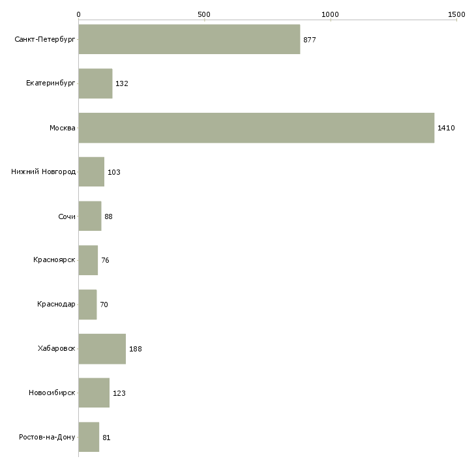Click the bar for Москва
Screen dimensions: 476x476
[256, 128]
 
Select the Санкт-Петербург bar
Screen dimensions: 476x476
[190, 40]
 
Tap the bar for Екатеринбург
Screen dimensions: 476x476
[96, 83]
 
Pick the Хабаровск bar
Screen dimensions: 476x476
[102, 349]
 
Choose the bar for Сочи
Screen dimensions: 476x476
[90, 216]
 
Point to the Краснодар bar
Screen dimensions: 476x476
[88, 305]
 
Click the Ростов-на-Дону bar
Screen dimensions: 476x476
[89, 437]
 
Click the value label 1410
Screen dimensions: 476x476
[446, 128]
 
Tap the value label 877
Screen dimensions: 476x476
[310, 40]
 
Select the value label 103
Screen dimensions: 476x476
[114, 172]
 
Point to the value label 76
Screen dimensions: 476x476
[105, 260]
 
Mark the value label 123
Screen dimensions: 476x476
[119, 393]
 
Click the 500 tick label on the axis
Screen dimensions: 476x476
[204, 14]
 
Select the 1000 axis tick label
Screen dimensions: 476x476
[330, 14]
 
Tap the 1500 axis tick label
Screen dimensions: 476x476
[456, 14]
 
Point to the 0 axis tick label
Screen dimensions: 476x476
[79, 14]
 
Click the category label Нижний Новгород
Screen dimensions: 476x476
[44, 172]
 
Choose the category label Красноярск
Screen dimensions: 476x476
[54, 260]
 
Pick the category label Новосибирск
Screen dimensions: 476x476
[52, 393]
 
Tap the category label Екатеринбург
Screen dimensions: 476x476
[50, 83]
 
